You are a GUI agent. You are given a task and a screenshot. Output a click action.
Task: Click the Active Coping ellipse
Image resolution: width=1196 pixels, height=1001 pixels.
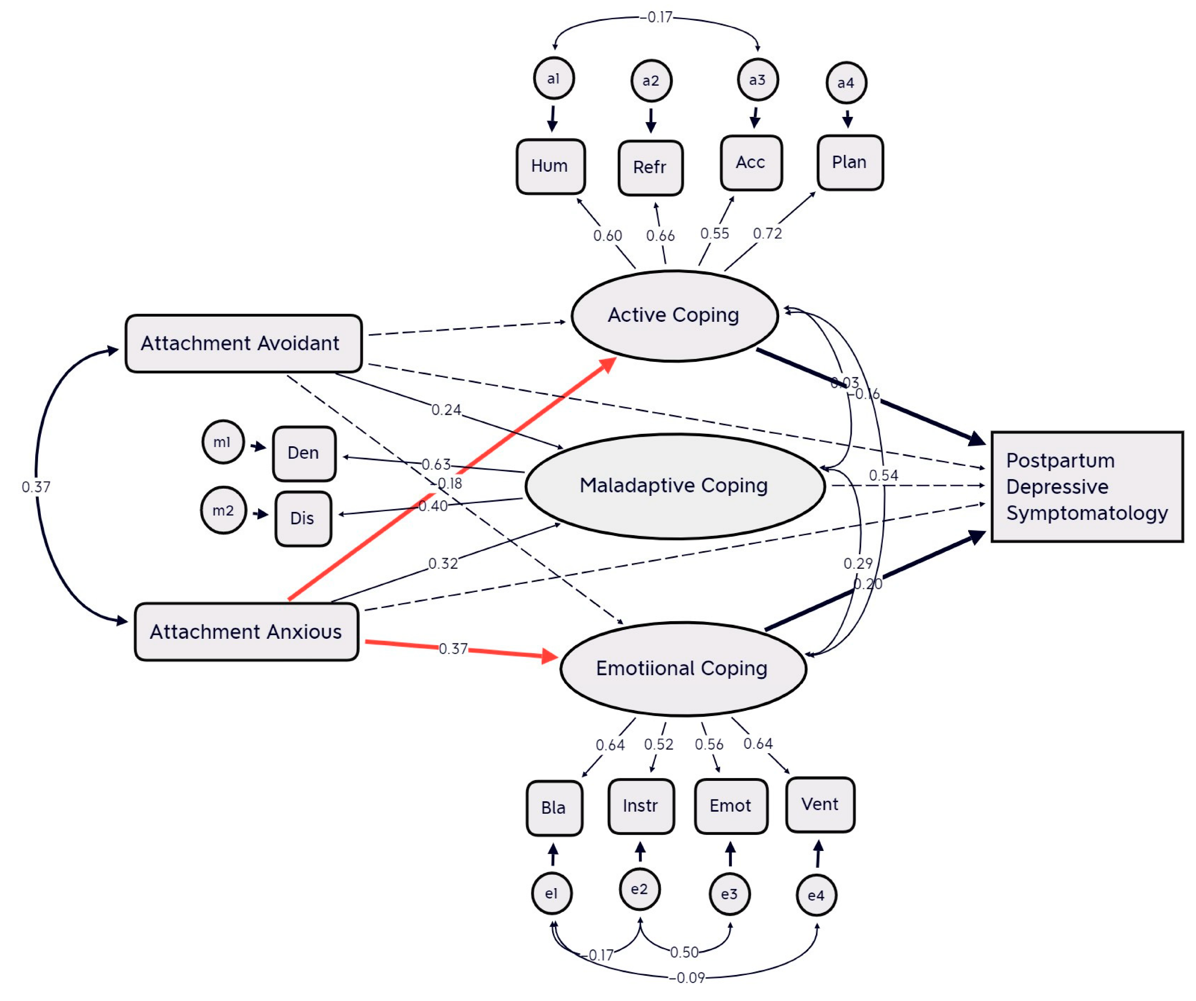(x=674, y=315)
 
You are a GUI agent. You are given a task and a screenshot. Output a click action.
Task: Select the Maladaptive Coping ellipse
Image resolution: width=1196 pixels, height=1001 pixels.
(x=674, y=486)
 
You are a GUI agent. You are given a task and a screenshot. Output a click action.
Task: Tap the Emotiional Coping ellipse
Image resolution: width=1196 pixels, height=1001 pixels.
(x=682, y=668)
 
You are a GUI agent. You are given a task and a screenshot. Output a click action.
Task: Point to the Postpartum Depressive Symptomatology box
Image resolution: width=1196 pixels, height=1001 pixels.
(x=1087, y=487)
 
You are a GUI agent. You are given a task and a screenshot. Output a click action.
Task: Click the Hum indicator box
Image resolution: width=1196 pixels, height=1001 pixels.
(x=550, y=166)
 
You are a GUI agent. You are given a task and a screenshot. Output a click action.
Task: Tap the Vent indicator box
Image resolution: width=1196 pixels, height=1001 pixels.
(x=820, y=804)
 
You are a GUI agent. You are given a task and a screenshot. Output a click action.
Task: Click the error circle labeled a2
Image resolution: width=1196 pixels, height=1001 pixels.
(x=651, y=81)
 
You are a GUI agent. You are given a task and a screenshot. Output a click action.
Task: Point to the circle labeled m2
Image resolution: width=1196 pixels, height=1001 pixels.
(x=223, y=511)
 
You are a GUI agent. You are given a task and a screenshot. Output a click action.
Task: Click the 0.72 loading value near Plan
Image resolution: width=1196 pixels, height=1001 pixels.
(x=767, y=233)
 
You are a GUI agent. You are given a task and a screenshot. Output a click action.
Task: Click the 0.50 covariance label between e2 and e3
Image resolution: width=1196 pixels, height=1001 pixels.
(x=684, y=953)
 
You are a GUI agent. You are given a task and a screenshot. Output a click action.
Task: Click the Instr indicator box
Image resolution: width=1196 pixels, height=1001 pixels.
(x=641, y=806)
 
